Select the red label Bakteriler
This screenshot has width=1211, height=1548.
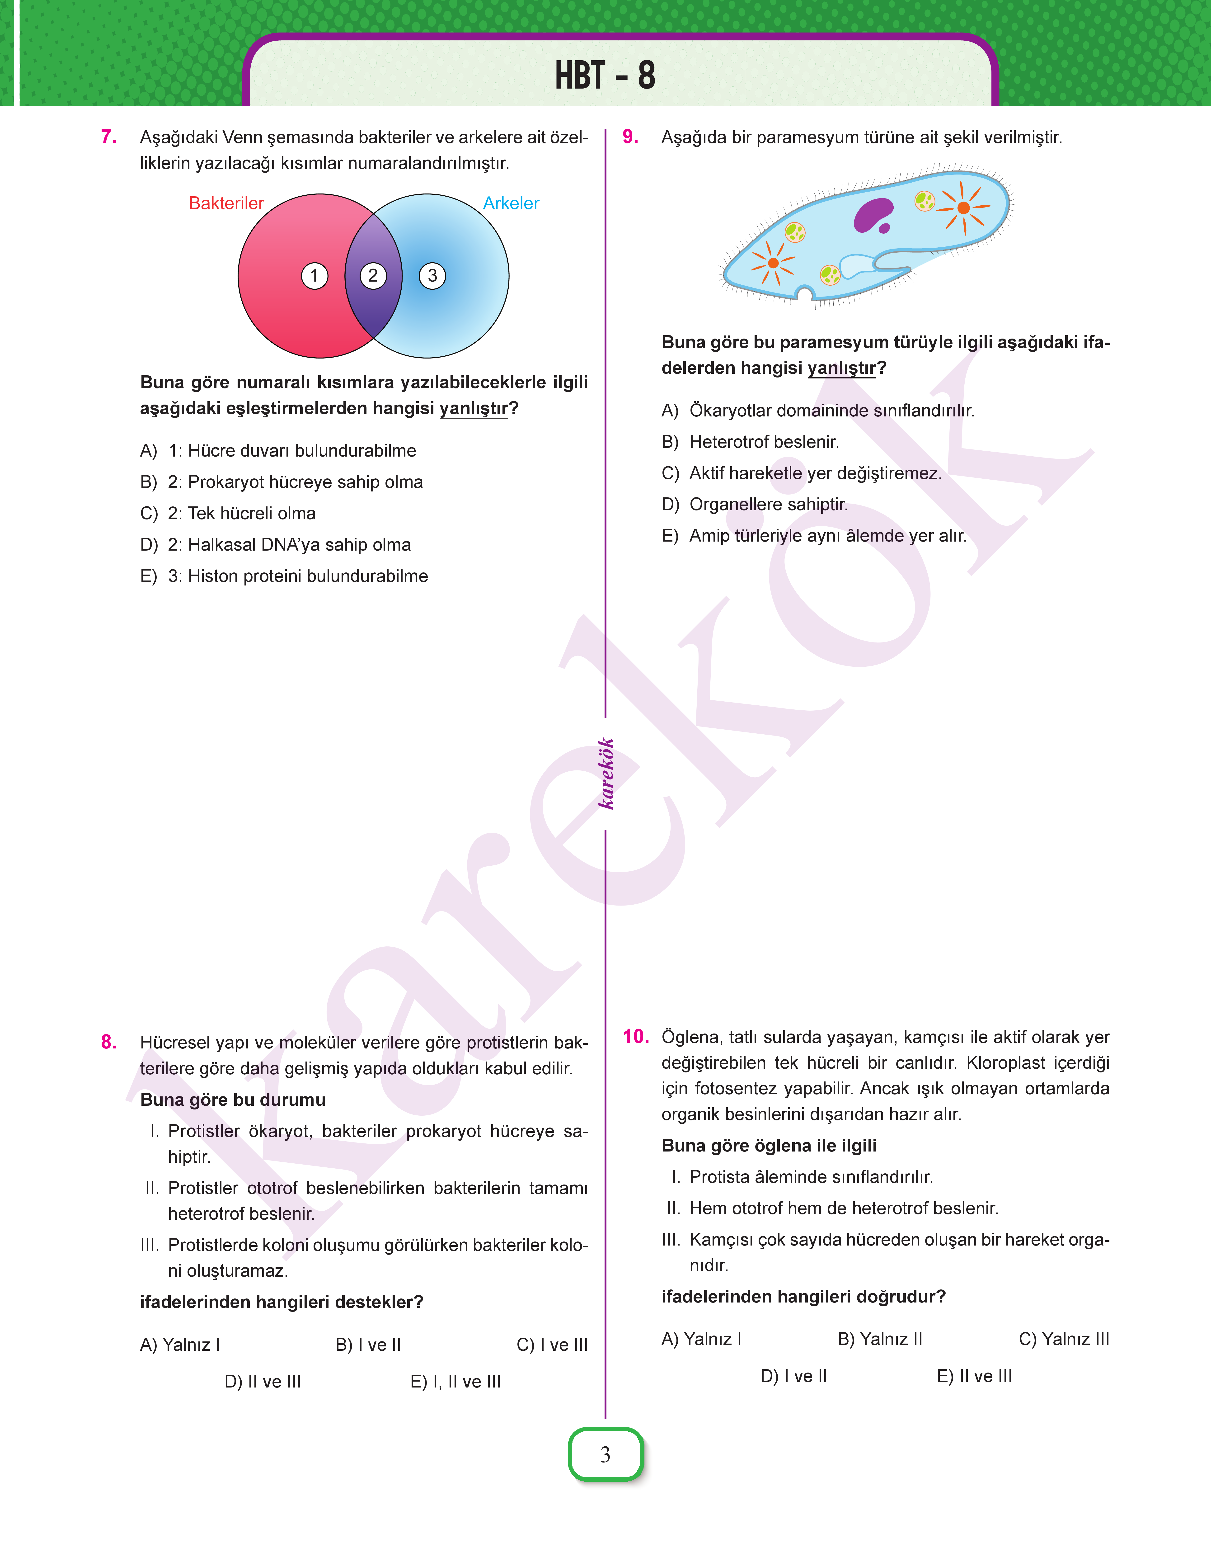[226, 203]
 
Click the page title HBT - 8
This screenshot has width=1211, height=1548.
[605, 75]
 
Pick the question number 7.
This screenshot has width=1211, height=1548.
[108, 137]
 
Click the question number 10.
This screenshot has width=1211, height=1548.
[635, 1037]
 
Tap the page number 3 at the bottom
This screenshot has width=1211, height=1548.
[605, 1454]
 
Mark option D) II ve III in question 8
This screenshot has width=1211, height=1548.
[262, 1381]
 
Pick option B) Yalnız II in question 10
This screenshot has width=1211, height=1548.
[880, 1339]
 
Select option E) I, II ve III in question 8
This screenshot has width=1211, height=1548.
[455, 1381]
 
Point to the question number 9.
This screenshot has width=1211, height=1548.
[630, 137]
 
